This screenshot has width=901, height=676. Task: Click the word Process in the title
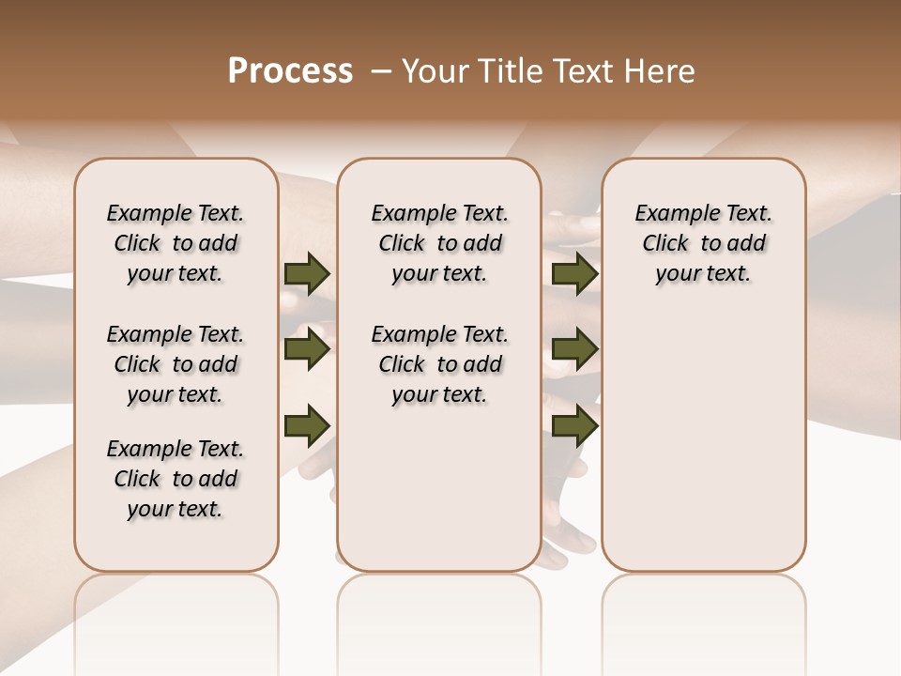tap(290, 71)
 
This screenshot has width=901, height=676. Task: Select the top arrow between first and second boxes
tap(307, 273)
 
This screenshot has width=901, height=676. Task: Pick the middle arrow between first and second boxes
tap(307, 349)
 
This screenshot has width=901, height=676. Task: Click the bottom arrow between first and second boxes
tap(307, 425)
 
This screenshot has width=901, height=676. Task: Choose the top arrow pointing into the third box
tap(574, 273)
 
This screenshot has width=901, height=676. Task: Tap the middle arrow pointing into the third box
tap(574, 349)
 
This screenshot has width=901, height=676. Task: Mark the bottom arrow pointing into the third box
tap(574, 425)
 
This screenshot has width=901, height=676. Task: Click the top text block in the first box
tap(176, 243)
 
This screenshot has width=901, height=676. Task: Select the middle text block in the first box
tap(176, 364)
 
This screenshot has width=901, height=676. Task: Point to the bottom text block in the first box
tap(176, 479)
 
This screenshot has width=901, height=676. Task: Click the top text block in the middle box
tap(439, 243)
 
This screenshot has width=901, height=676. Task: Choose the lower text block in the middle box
tap(439, 364)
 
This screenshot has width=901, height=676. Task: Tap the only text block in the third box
tap(703, 243)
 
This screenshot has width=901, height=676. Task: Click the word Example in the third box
tap(670, 214)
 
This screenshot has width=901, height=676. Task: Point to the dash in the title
tap(381, 71)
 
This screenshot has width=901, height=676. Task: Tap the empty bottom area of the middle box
tap(439, 498)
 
